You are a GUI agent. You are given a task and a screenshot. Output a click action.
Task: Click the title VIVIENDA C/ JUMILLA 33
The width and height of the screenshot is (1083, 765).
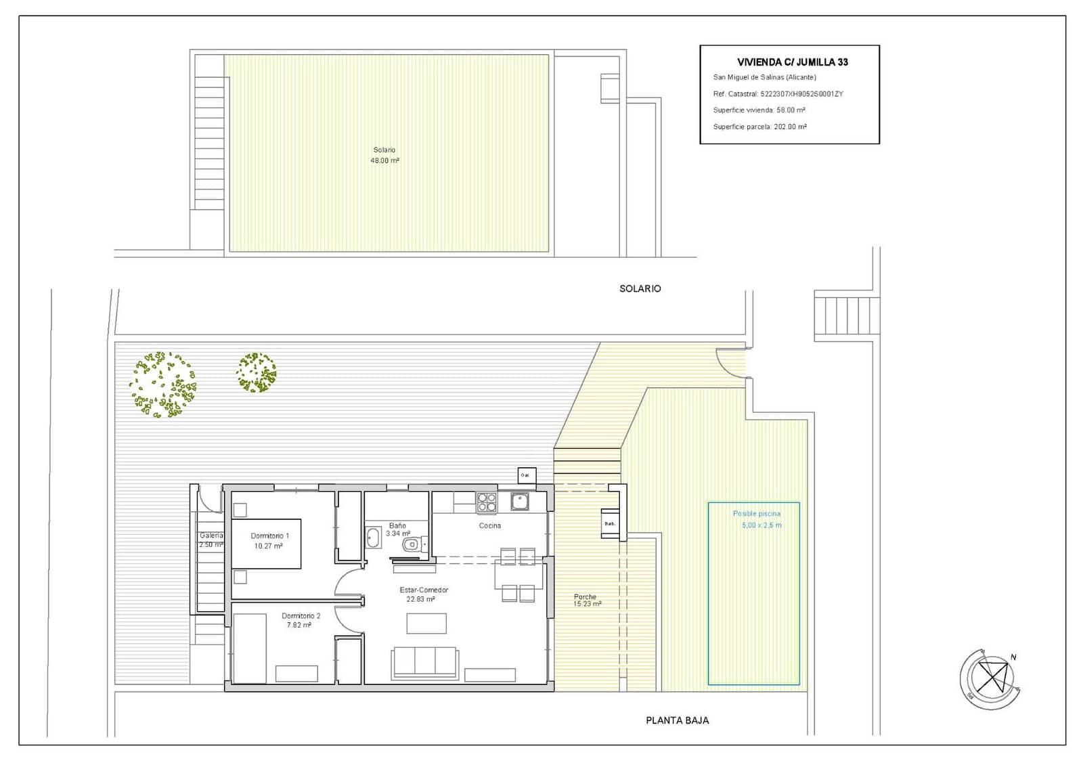[x=792, y=62]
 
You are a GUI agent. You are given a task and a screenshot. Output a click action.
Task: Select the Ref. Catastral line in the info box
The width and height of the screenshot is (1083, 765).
[x=778, y=94]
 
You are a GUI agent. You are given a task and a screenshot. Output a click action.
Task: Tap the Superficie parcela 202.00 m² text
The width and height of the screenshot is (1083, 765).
[x=759, y=127]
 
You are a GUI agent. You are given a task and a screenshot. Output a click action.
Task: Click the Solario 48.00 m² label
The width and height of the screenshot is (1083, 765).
[x=384, y=155]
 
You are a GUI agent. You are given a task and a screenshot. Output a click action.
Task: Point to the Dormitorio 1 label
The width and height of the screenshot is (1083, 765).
[x=269, y=535]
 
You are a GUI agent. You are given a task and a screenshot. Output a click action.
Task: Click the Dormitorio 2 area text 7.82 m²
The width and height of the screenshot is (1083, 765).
[x=299, y=626]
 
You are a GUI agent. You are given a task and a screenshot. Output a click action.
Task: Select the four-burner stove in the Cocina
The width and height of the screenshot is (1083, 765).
[x=487, y=502]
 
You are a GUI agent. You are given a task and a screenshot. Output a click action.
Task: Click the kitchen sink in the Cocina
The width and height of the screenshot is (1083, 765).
[x=520, y=502]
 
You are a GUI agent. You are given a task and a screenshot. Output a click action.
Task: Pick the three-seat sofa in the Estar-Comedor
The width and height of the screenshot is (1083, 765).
[x=425, y=661]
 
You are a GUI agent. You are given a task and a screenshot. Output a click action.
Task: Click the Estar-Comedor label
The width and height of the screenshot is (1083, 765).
[x=424, y=590]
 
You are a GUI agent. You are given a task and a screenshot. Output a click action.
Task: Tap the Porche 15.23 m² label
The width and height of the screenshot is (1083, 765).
[x=586, y=600]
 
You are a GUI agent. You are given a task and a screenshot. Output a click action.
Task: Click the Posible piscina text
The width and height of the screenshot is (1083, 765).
[x=756, y=514]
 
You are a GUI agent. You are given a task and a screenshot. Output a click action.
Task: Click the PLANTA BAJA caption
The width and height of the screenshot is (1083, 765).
[x=677, y=720]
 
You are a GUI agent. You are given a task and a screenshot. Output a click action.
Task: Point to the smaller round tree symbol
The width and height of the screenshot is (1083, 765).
[x=257, y=372]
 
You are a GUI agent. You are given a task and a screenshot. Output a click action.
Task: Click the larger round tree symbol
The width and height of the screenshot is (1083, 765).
[x=162, y=384]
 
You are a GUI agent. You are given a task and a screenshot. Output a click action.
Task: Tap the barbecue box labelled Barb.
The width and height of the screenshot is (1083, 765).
[x=610, y=523]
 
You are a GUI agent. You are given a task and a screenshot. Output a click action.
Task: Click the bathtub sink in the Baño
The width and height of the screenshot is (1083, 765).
[x=373, y=538]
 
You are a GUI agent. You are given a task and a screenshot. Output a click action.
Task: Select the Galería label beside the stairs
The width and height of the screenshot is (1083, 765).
[x=211, y=535]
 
